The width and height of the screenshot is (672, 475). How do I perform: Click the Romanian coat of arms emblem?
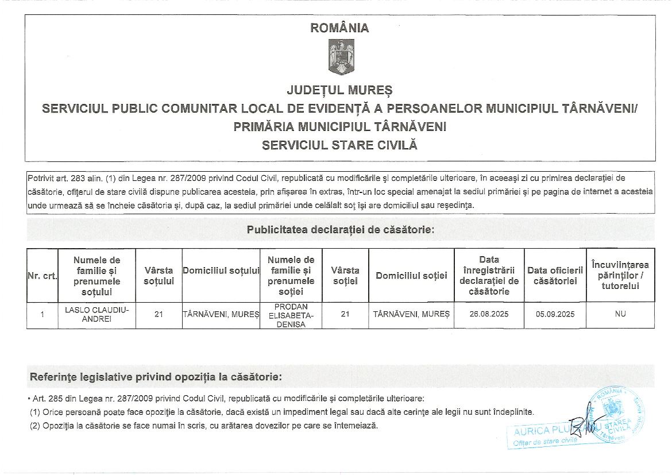[341, 57]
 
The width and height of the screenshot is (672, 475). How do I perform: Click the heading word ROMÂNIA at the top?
[339, 28]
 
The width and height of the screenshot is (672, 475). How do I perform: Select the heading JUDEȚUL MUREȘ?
[339, 90]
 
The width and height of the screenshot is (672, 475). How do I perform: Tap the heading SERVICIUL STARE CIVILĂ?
[339, 145]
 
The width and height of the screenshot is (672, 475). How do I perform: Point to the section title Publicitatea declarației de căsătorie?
[340, 230]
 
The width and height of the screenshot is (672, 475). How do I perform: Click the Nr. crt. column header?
[42, 276]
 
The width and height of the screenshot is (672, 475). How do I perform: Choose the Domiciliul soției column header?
[411, 276]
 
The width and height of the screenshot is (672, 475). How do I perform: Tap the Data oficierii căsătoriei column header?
[555, 276]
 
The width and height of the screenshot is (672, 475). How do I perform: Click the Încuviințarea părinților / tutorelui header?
[620, 275]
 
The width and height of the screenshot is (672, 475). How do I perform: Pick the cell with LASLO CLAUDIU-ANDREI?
[96, 315]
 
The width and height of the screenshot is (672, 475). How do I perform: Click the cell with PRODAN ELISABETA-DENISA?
[291, 315]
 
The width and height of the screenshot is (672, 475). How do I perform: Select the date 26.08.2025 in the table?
[489, 315]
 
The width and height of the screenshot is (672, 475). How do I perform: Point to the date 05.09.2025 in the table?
[555, 315]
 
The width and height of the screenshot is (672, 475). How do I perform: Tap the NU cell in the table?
[620, 315]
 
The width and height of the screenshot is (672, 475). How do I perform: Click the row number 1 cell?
[42, 315]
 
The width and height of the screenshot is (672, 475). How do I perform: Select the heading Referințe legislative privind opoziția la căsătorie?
[156, 377]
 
